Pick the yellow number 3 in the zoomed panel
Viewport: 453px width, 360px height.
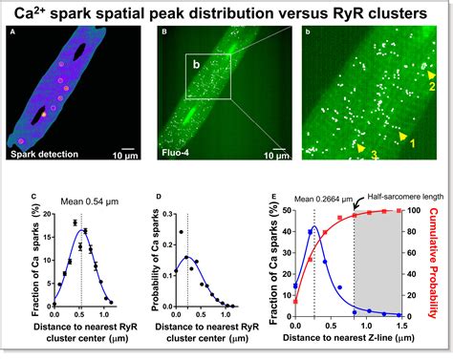click(375, 153)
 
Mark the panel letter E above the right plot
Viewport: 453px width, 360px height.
click(275, 198)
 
